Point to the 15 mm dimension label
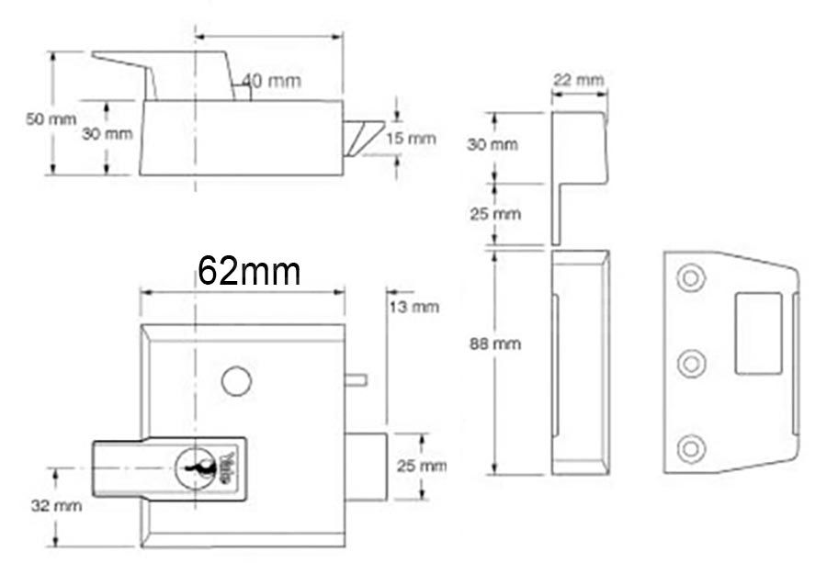pyautogui.click(x=410, y=139)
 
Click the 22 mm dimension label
pyautogui.click(x=578, y=80)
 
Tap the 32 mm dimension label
pyautogui.click(x=57, y=505)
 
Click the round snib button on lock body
pyautogui.click(x=235, y=381)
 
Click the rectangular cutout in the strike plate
pyautogui.click(x=758, y=332)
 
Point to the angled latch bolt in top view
pyautogui.click(x=364, y=137)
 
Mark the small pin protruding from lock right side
pyautogui.click(x=357, y=377)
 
